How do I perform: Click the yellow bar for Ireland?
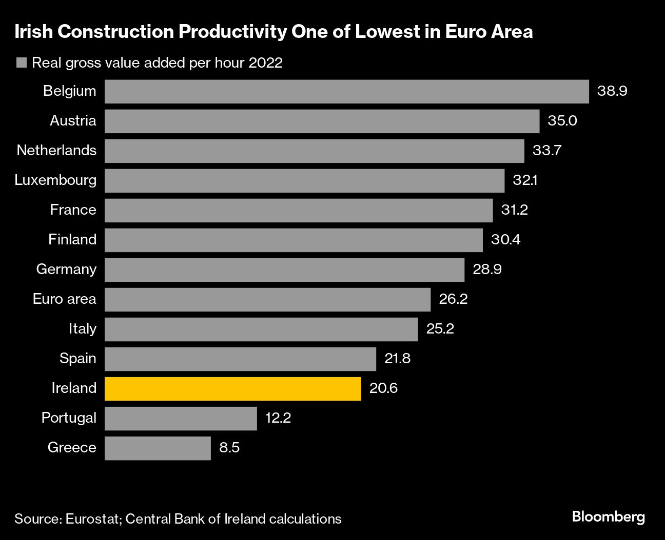[x=232, y=388]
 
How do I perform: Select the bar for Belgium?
[x=346, y=91]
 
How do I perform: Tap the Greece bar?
[x=158, y=448]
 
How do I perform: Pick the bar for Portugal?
[x=181, y=418]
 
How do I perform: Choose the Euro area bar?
[x=267, y=299]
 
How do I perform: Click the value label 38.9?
[x=612, y=91]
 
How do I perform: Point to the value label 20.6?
[x=383, y=388]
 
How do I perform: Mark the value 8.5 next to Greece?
[x=229, y=448]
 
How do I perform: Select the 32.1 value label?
[x=525, y=180]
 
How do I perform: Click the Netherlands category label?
[x=56, y=151]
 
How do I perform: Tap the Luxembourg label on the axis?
[x=55, y=180]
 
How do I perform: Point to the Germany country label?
[x=66, y=269]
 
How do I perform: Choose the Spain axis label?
[x=77, y=359]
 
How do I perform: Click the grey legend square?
[x=21, y=63]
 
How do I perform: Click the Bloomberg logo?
[x=608, y=517]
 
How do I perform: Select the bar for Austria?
[x=322, y=121]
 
